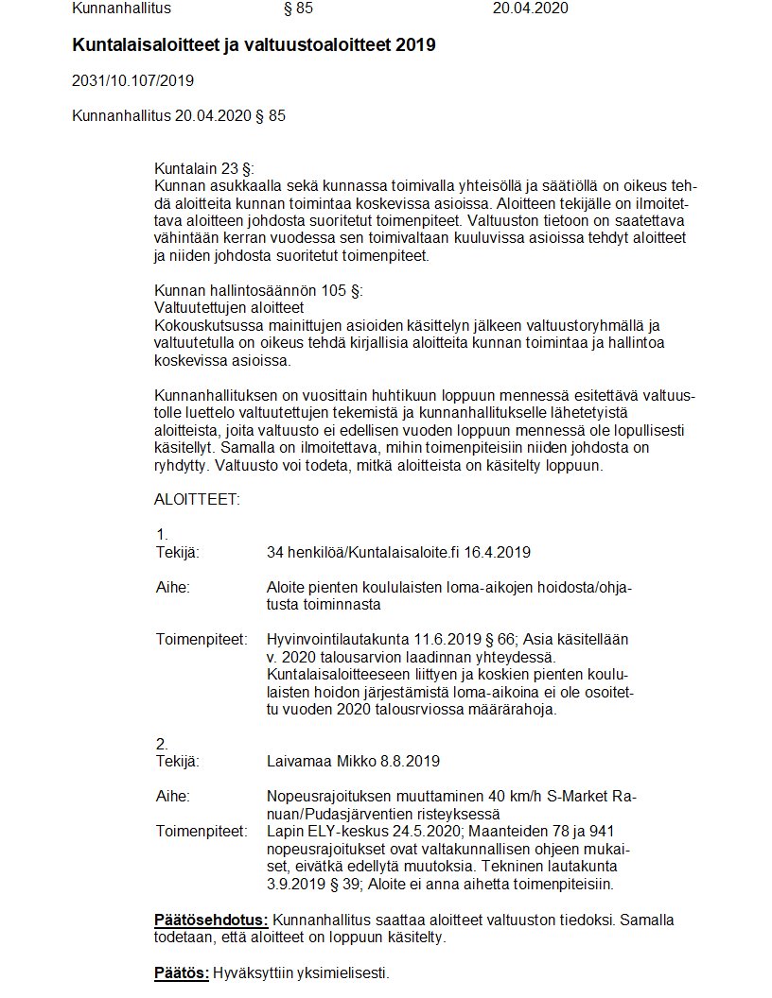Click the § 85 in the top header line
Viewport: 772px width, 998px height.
298,9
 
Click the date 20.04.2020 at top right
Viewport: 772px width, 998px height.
531,9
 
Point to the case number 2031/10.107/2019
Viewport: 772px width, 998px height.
132,80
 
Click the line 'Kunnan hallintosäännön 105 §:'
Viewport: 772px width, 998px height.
258,290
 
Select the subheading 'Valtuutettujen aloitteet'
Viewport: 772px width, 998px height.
228,308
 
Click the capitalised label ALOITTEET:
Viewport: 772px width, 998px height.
197,499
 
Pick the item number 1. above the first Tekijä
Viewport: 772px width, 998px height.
162,534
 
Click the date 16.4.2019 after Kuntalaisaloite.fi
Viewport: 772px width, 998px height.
506,552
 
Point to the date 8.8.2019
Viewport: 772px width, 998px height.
410,761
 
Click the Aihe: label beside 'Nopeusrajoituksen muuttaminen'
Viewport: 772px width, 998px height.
173,796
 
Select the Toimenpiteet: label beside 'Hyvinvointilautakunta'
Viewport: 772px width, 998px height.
201,640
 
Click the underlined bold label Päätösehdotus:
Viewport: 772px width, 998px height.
211,920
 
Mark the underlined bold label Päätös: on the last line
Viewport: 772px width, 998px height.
182,972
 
